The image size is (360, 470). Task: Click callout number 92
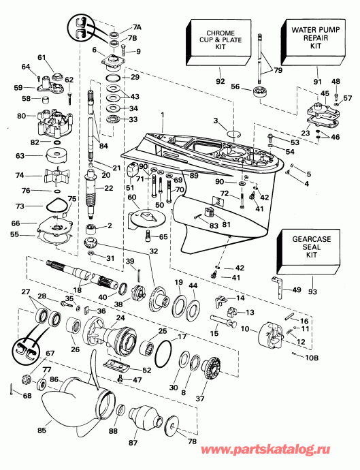tap(220, 81)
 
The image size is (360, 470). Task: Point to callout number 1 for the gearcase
tap(163, 114)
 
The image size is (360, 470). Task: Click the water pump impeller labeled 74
tap(56, 175)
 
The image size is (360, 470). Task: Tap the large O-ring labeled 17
tap(163, 354)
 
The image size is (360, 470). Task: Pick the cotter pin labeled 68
tap(12, 390)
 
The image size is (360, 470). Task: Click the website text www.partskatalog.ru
tap(265, 450)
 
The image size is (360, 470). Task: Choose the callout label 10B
tap(312, 358)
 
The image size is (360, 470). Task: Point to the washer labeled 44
tap(193, 307)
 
